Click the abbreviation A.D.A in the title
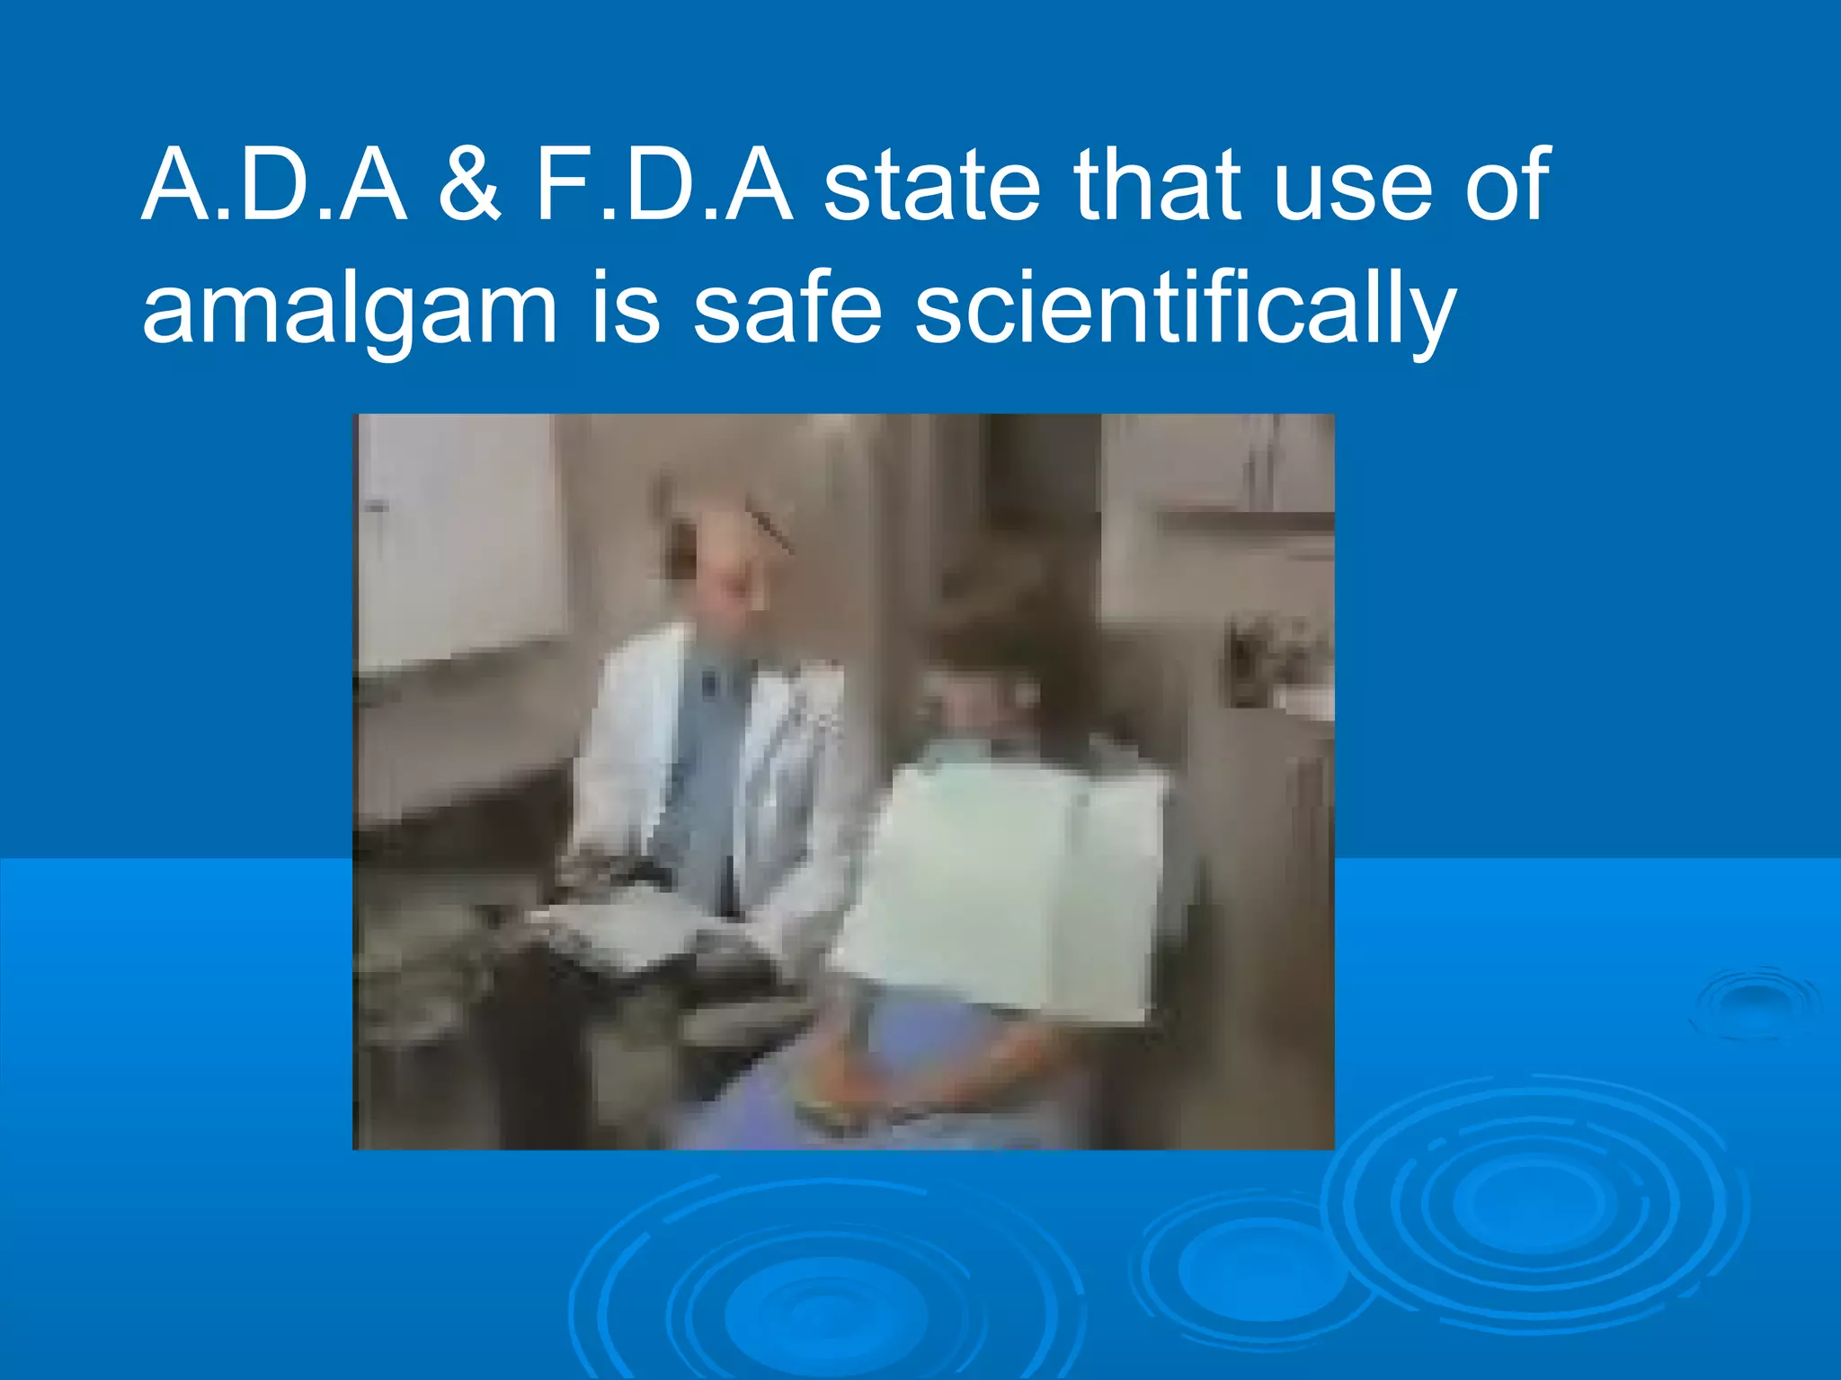[274, 186]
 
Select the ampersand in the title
[470, 186]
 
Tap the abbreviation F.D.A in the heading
[663, 186]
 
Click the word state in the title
[931, 186]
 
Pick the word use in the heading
[1352, 193]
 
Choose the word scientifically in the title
[1185, 310]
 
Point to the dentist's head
[719, 557]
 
